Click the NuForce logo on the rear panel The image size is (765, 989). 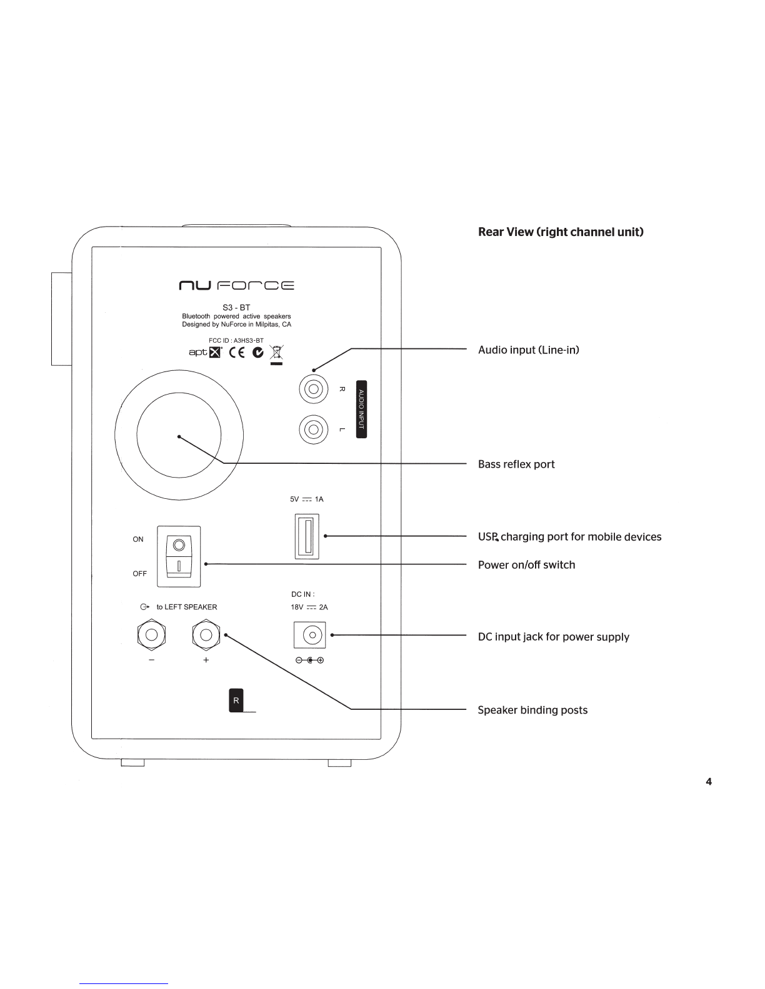coord(236,285)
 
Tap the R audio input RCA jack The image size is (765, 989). coord(314,389)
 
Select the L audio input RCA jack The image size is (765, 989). coord(314,429)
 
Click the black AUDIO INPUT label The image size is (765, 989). coord(361,409)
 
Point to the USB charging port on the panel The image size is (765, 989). coord(307,536)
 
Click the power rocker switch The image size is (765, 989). coord(179,556)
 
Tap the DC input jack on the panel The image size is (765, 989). coord(310,635)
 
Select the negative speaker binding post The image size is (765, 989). coord(151,634)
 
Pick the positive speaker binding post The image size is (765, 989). coord(206,634)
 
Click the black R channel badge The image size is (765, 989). coord(236,700)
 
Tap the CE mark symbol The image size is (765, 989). coord(237,352)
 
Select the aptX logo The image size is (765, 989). coord(206,352)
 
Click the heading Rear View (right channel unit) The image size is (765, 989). coord(561,232)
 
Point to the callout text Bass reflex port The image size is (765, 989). coord(516,465)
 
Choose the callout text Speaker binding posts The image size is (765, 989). coord(532,710)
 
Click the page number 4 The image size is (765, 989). coord(709,782)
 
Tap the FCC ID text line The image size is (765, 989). coord(236,340)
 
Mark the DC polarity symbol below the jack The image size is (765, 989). coord(310,660)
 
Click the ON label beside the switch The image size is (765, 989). coord(138,539)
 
